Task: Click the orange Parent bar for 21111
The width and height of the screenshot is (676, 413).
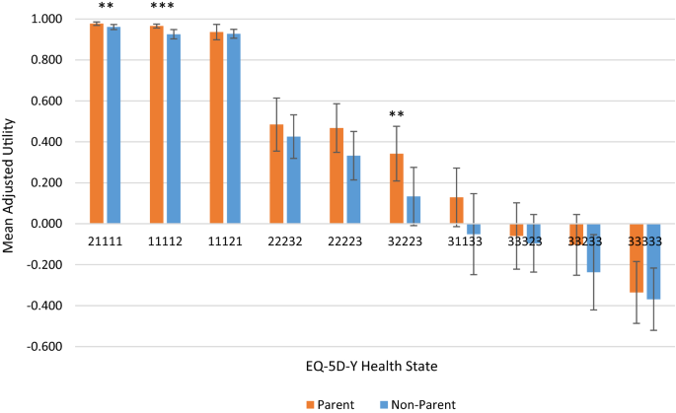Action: tap(97, 123)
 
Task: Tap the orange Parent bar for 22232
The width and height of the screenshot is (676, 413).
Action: tap(276, 174)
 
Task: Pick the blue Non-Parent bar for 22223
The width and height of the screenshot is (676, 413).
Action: tap(353, 189)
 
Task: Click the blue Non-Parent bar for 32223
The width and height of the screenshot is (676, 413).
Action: tap(413, 210)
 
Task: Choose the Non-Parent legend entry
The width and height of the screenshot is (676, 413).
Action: tap(414, 404)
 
